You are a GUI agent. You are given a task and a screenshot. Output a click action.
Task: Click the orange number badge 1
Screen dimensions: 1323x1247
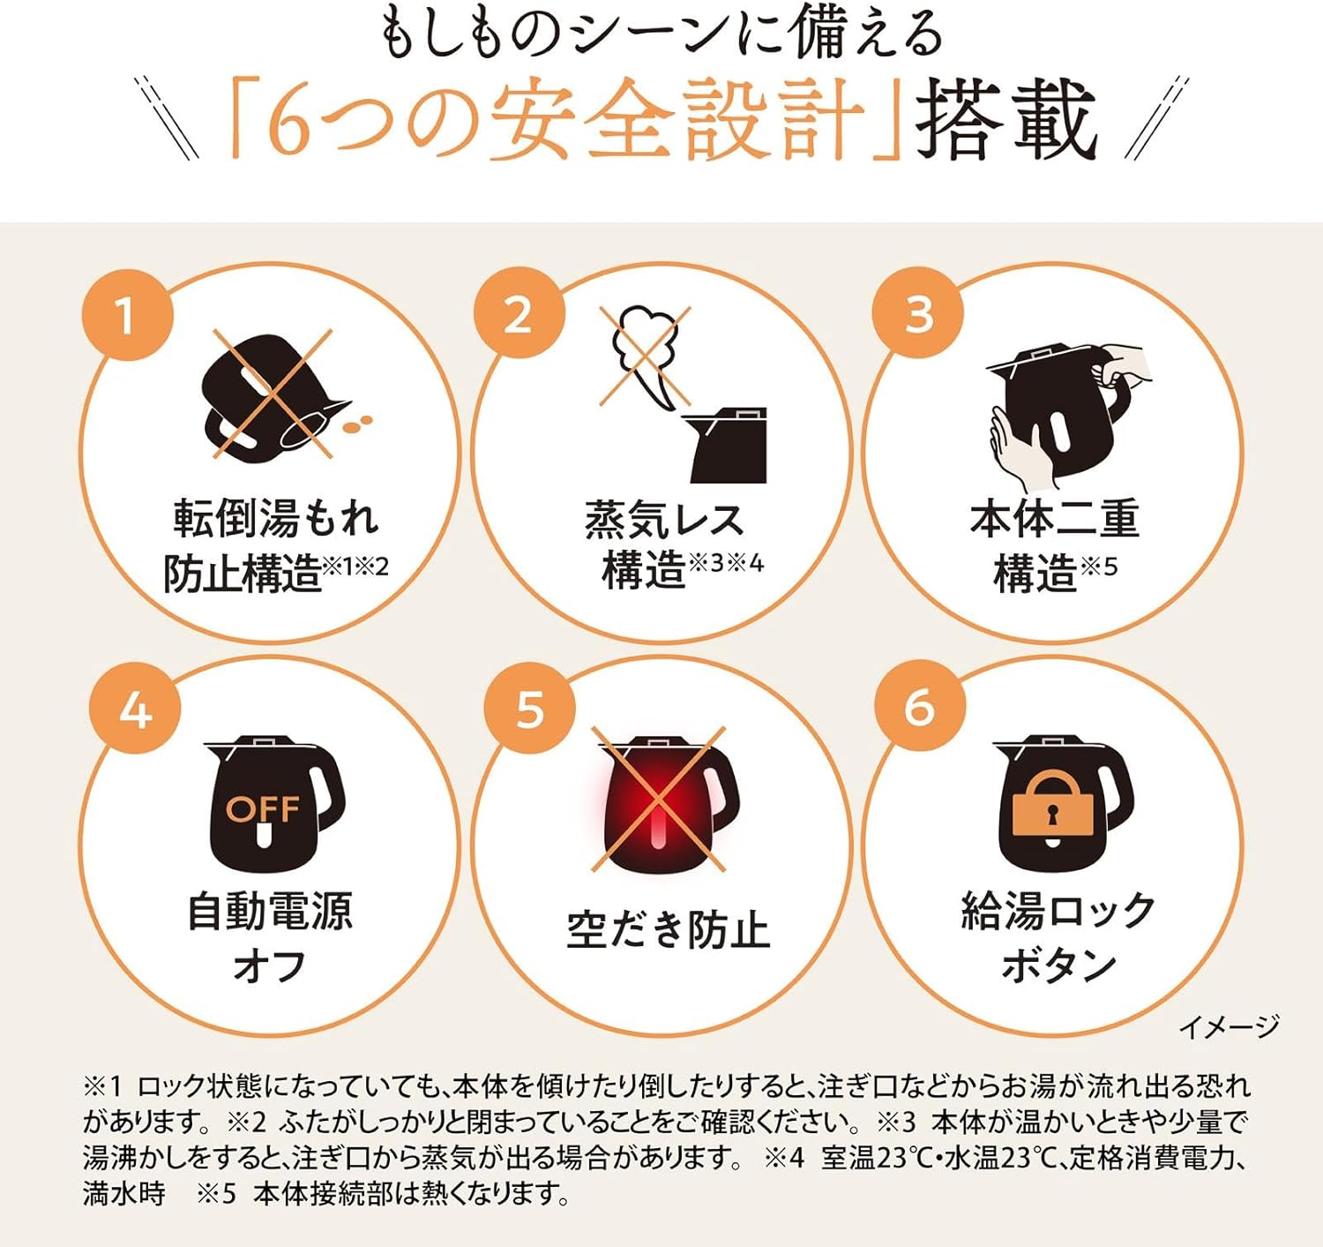click(x=127, y=315)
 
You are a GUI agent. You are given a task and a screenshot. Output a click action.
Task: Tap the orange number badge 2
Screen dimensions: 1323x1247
click(x=519, y=315)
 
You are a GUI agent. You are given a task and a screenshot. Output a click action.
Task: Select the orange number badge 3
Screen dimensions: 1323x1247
click(x=918, y=315)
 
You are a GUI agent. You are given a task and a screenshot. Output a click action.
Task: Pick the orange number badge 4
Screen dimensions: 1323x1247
click(x=135, y=710)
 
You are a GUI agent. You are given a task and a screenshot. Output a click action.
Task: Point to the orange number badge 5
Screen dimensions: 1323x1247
click(x=529, y=710)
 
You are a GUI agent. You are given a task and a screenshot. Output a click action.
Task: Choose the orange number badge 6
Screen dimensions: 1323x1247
click(x=920, y=710)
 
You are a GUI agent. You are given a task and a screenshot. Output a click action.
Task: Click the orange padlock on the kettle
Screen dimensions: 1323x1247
click(x=1052, y=804)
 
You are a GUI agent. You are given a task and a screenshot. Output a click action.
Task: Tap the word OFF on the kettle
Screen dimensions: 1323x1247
click(x=263, y=809)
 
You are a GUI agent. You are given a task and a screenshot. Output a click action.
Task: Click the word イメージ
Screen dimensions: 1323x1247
click(x=1230, y=1026)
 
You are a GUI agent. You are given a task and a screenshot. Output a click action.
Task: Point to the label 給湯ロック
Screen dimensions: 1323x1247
click(x=1058, y=912)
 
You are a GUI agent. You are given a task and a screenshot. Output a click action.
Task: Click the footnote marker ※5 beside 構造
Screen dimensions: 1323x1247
click(x=1098, y=567)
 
